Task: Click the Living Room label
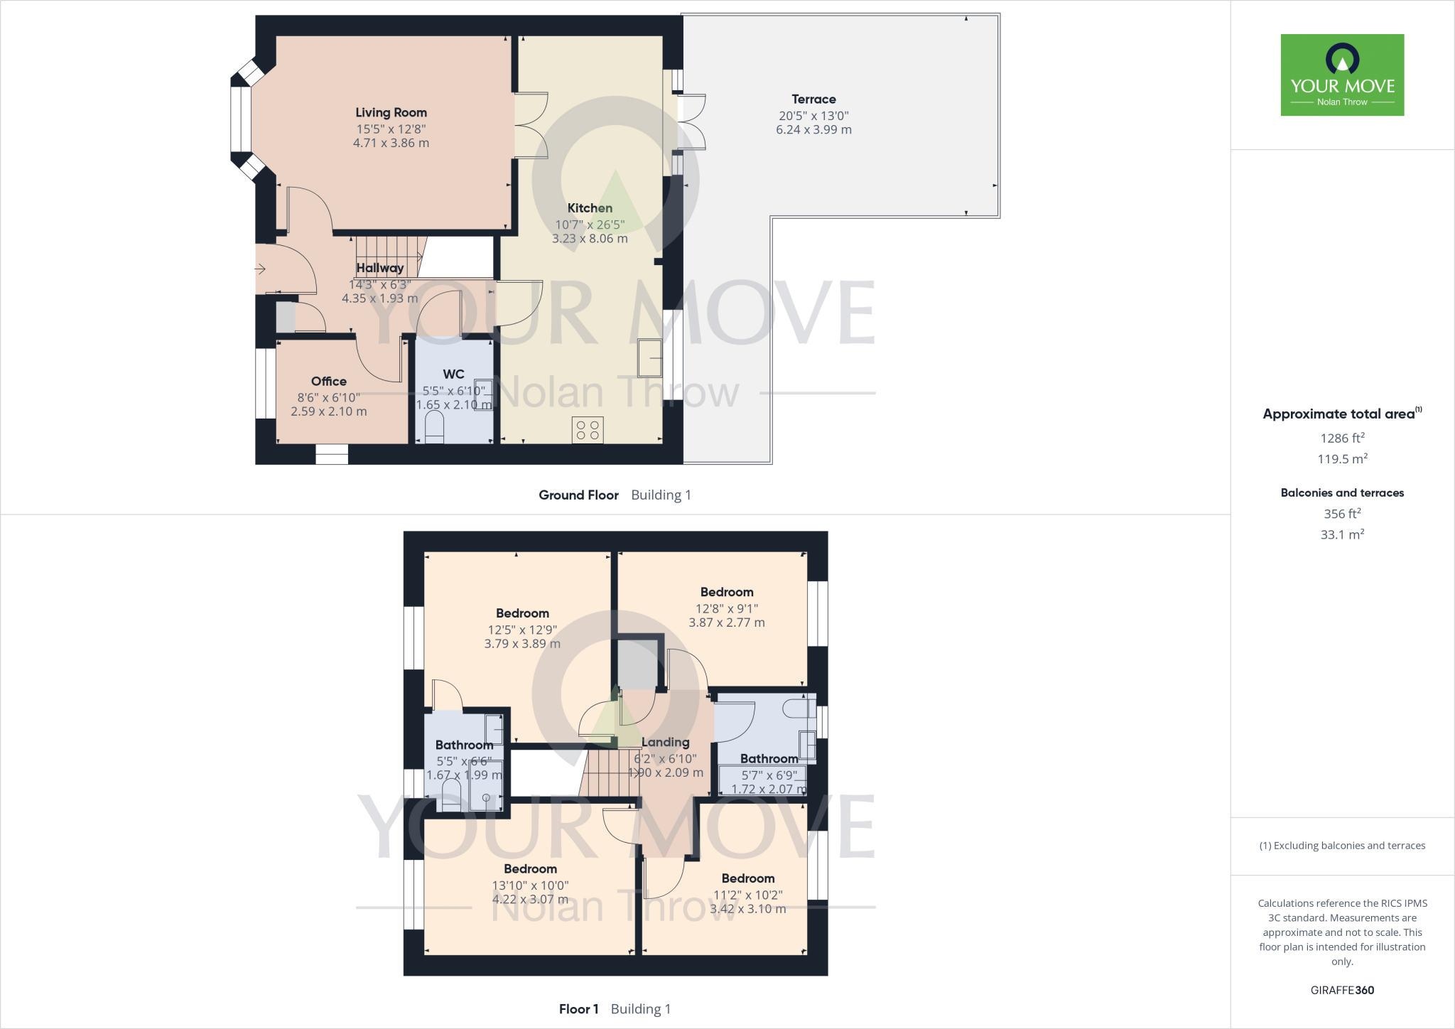coord(391,112)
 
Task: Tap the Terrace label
coord(813,99)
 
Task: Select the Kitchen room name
coord(590,208)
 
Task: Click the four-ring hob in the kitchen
coord(588,430)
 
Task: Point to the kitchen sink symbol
coord(649,358)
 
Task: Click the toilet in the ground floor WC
coord(434,428)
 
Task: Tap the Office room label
coord(329,382)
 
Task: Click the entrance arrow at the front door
coord(261,269)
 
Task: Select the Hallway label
coord(380,268)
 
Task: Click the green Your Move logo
coord(1342,75)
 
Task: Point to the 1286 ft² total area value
coord(1342,438)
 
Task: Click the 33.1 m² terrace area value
coord(1342,534)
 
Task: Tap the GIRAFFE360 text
coord(1342,990)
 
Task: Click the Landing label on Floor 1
coord(665,742)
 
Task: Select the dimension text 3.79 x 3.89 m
coord(522,644)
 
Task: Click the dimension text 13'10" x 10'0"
coord(530,885)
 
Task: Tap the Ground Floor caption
coord(578,495)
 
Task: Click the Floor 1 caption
coord(578,1009)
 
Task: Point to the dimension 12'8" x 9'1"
coord(726,608)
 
